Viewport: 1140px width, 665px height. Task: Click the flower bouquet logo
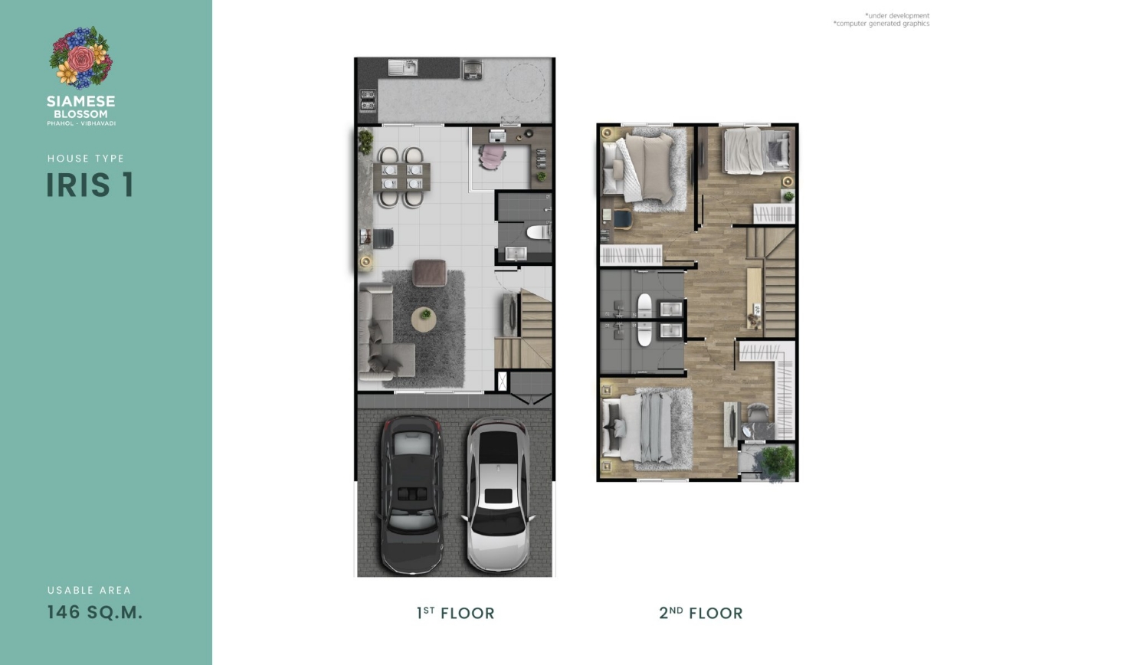(x=81, y=57)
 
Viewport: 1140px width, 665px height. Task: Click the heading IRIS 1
(x=90, y=185)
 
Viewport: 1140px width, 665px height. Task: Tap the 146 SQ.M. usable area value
(x=95, y=612)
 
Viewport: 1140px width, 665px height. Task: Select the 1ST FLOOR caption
(x=456, y=613)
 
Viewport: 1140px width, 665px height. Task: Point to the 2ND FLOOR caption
(x=701, y=613)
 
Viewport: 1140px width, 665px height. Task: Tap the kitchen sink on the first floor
(x=402, y=67)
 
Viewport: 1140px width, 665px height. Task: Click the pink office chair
(x=492, y=156)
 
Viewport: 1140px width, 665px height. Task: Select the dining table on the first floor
(x=401, y=176)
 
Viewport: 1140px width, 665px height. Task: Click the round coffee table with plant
(x=424, y=319)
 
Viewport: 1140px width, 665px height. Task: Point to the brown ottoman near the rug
(x=430, y=273)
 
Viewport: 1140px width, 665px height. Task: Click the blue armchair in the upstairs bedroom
(x=622, y=219)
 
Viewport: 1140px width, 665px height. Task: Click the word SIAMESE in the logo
(x=81, y=100)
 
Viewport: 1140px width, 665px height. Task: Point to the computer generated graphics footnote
(x=882, y=24)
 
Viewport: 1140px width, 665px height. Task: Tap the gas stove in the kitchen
(x=368, y=100)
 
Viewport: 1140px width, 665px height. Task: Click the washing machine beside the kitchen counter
(x=472, y=69)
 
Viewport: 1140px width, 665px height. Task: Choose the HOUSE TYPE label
(x=86, y=159)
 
